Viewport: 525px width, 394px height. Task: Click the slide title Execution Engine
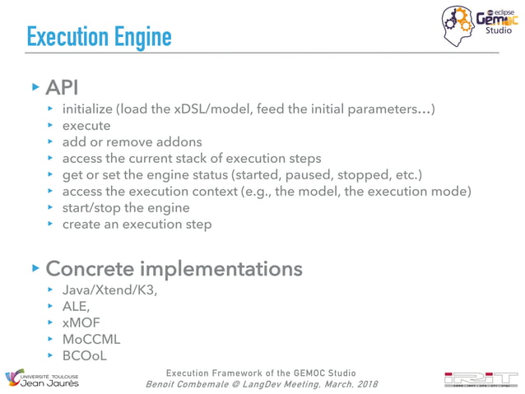tap(99, 37)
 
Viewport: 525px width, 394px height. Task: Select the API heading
tap(62, 87)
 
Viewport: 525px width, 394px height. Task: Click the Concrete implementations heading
tap(174, 269)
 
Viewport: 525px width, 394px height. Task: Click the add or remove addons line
tap(132, 141)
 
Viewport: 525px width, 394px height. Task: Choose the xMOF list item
tap(81, 323)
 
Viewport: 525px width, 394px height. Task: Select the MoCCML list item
tap(90, 339)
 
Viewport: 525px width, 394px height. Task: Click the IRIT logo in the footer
tap(481, 378)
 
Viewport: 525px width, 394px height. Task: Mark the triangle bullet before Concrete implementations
tap(35, 268)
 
